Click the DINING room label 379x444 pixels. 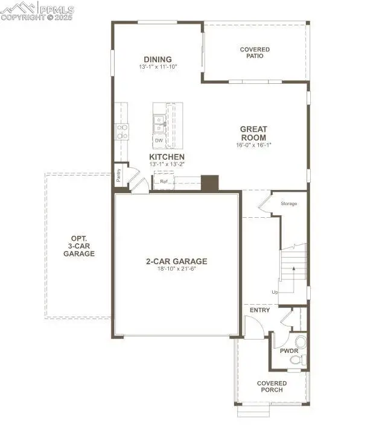pyautogui.click(x=158, y=59)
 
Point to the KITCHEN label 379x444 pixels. pyautogui.click(x=167, y=157)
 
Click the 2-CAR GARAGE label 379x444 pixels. pyautogui.click(x=176, y=261)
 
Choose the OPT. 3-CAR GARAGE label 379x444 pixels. pyautogui.click(x=79, y=246)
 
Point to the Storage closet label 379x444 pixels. pyautogui.click(x=288, y=204)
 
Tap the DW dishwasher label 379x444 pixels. pyautogui.click(x=159, y=141)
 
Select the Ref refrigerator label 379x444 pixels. pyautogui.click(x=164, y=181)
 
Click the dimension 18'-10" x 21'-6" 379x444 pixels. pyautogui.click(x=176, y=269)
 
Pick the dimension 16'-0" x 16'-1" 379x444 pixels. pyautogui.click(x=253, y=145)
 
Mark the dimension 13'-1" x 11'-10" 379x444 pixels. pyautogui.click(x=158, y=66)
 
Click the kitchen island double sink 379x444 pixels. pyautogui.click(x=159, y=124)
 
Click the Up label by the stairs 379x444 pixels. pyautogui.click(x=275, y=292)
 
